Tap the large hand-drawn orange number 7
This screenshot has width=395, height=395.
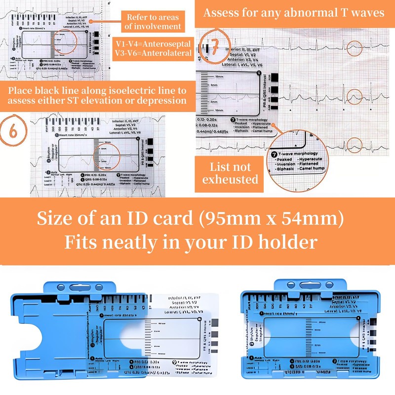(x=213, y=46)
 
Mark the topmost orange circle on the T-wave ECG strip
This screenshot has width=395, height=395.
(x=354, y=47)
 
